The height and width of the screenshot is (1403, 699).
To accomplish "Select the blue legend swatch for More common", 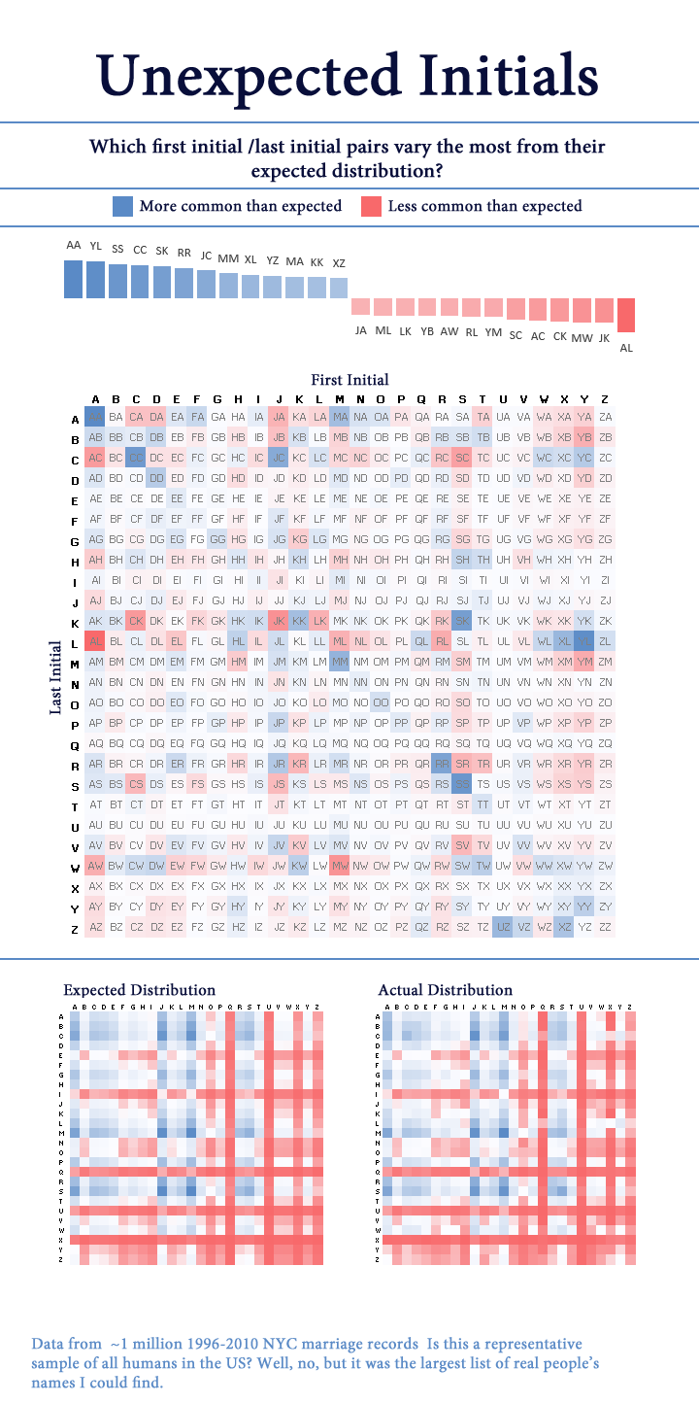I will [122, 206].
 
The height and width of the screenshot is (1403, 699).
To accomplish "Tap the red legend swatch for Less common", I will [371, 206].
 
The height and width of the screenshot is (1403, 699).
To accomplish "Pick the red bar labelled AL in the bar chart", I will [626, 315].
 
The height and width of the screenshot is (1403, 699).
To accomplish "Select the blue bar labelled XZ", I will [338, 288].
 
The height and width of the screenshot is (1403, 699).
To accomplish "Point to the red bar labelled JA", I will [360, 306].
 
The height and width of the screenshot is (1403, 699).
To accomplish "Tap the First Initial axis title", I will [349, 380].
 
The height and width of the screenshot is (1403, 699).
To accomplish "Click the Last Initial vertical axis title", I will [56, 676].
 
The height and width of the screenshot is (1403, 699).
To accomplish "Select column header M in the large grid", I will [340, 399].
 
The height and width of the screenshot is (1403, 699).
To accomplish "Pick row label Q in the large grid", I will [74, 743].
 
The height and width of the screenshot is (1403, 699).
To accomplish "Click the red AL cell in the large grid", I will [95, 641].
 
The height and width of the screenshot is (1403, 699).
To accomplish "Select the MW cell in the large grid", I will [340, 866].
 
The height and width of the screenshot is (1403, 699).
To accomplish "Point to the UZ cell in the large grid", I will [503, 927].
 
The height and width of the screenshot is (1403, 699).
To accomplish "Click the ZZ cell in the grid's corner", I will [605, 927].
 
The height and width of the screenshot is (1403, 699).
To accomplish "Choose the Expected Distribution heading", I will [140, 989].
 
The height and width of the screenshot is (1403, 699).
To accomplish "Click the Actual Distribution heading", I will [445, 989].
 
